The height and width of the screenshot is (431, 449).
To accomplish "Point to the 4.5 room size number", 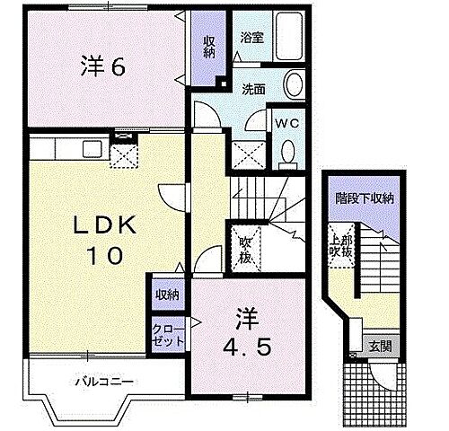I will (x=242, y=347).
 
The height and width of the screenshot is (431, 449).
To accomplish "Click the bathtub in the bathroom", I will (x=289, y=39).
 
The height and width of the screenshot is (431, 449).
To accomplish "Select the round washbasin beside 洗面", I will (x=295, y=86).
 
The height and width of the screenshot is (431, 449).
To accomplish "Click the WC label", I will (x=287, y=122).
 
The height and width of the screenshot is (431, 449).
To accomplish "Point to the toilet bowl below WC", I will (x=287, y=154).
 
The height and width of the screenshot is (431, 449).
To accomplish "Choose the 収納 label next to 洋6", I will (x=208, y=48).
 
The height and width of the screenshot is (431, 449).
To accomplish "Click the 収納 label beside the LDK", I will (x=167, y=294).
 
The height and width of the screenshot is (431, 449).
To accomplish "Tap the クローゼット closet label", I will (x=170, y=335).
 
